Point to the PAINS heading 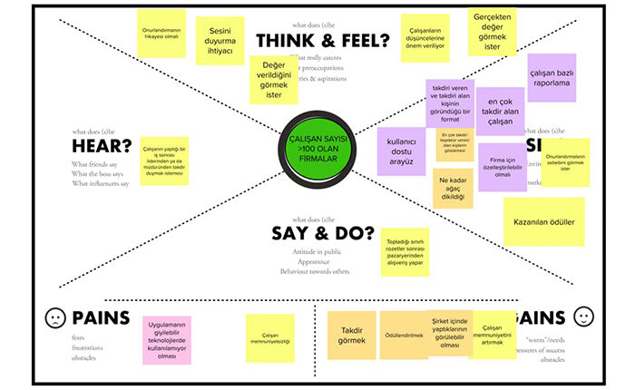pos(100,317)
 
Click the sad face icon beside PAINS pos(54,318)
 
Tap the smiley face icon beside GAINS pos(583,318)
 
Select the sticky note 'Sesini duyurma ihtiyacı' pos(220,37)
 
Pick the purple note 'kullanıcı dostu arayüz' pos(401,150)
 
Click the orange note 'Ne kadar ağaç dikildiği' pos(453,188)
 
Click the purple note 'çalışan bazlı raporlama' pos(551,77)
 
